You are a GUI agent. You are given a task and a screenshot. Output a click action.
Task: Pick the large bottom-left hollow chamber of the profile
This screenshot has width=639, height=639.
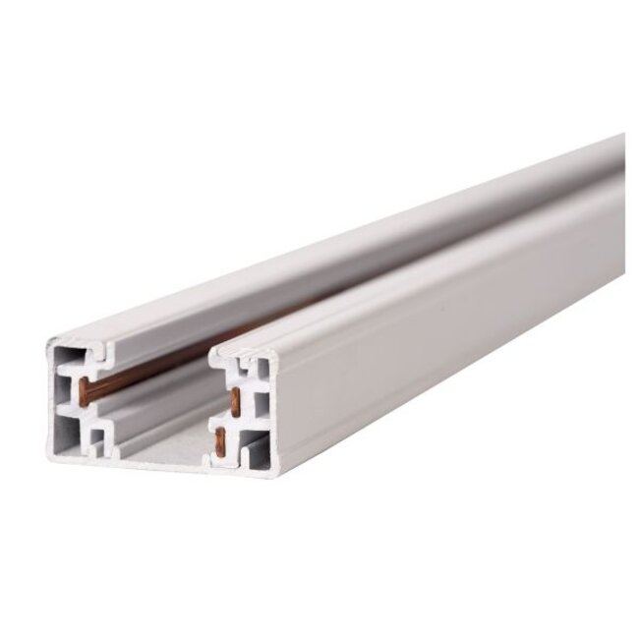click(64, 434)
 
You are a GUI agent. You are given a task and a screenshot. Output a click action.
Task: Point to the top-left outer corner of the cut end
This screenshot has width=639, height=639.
click(48, 337)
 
